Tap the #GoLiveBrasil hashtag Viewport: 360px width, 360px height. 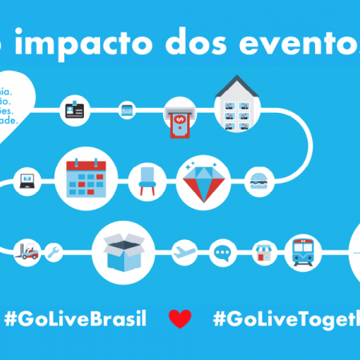75,318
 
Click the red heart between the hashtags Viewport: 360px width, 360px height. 180,318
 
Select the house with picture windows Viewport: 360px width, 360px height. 237,105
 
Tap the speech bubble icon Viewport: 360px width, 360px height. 222,255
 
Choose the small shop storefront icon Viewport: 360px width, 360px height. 262,255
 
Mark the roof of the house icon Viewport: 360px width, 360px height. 237,83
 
